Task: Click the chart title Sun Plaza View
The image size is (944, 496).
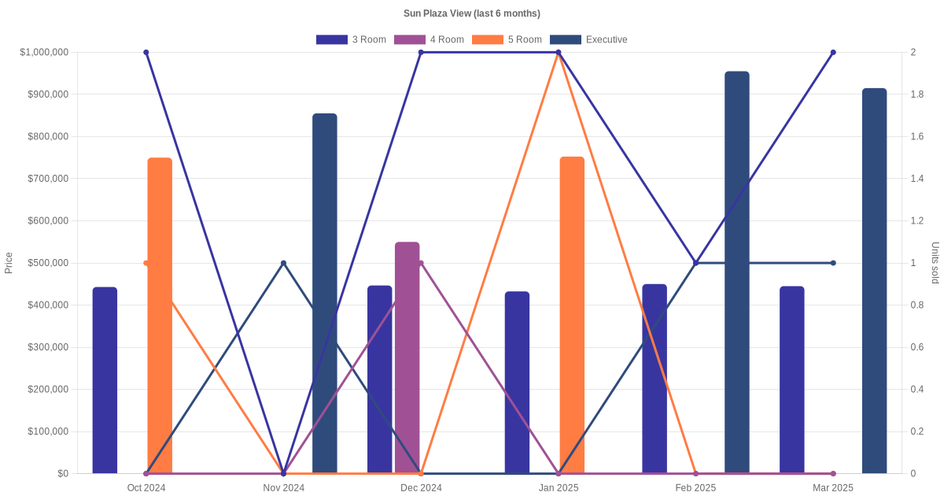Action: pyautogui.click(x=471, y=13)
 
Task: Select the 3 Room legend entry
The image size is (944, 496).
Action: pyautogui.click(x=351, y=39)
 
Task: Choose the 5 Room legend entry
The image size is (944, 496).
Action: pyautogui.click(x=507, y=39)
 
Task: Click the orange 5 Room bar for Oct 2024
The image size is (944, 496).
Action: pyautogui.click(x=160, y=315)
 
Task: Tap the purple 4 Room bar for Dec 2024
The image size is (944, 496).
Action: pyautogui.click(x=407, y=357)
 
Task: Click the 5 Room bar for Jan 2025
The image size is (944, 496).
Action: pyautogui.click(x=572, y=315)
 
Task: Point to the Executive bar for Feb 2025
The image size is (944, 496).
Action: pyautogui.click(x=737, y=272)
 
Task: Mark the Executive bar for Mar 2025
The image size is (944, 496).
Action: pyautogui.click(x=874, y=280)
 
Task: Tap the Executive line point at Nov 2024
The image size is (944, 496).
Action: pyautogui.click(x=283, y=263)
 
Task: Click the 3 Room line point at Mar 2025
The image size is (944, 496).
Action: pyautogui.click(x=833, y=52)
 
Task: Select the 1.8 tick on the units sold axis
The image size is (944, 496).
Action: pyautogui.click(x=917, y=94)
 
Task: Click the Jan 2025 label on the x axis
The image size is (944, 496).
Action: pyautogui.click(x=559, y=488)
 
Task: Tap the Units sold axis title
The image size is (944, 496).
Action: pyautogui.click(x=935, y=263)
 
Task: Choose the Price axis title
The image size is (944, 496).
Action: pyautogui.click(x=9, y=263)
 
